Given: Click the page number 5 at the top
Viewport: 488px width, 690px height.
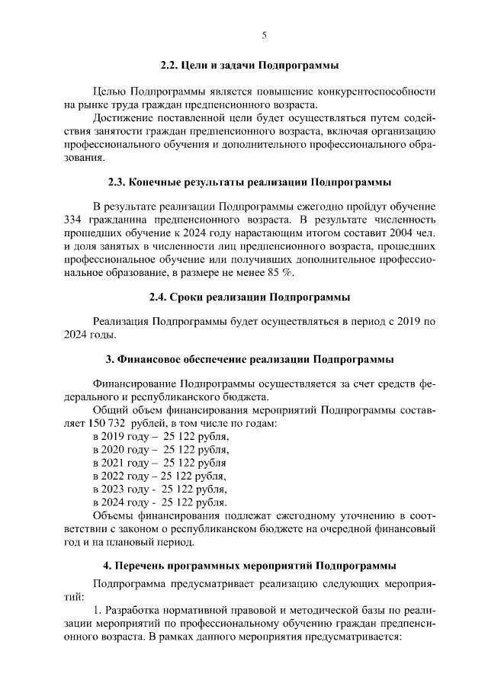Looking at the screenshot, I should coord(264,34).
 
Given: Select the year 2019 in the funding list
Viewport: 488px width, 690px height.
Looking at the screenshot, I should coord(112,438).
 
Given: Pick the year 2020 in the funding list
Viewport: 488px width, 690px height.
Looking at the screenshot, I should coord(112,451).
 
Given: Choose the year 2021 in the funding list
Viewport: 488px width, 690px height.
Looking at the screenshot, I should coord(112,464).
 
